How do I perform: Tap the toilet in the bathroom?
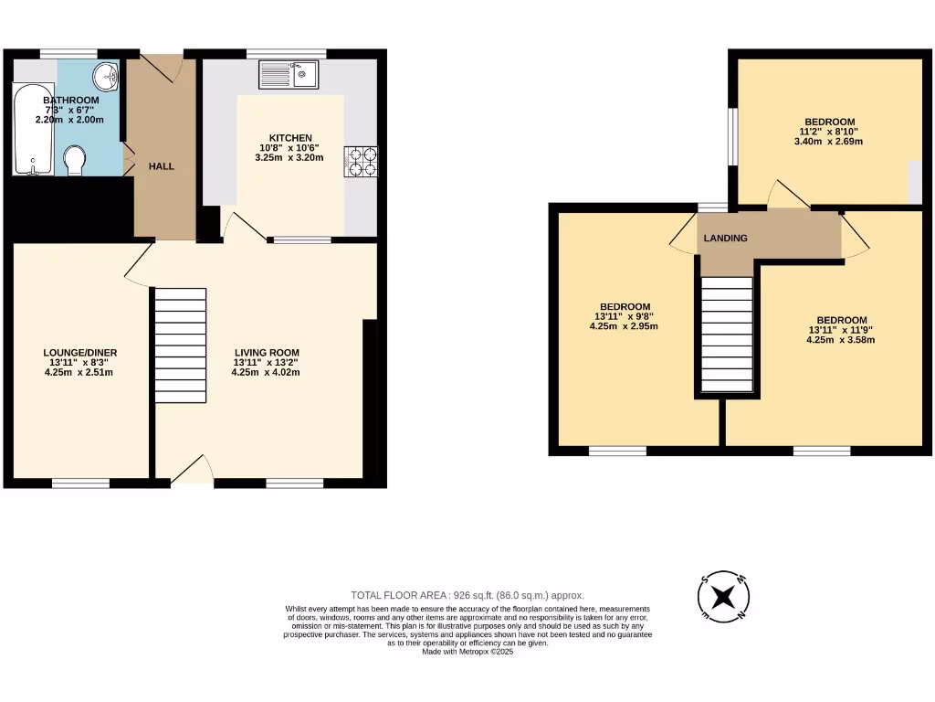point(75,162)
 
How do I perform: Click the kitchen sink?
point(288,74)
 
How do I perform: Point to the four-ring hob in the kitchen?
point(361,161)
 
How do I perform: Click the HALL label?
point(162,166)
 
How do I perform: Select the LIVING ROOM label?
point(267,353)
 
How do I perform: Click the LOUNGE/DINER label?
point(80,353)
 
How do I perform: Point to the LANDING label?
point(726,239)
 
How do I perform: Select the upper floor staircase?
point(727,335)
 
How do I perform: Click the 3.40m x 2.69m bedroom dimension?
point(829,142)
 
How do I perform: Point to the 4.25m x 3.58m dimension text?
point(840,340)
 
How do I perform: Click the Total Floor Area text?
point(467,595)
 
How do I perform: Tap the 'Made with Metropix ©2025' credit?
point(467,652)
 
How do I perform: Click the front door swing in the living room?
point(193,470)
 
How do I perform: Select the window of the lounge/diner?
point(80,483)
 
